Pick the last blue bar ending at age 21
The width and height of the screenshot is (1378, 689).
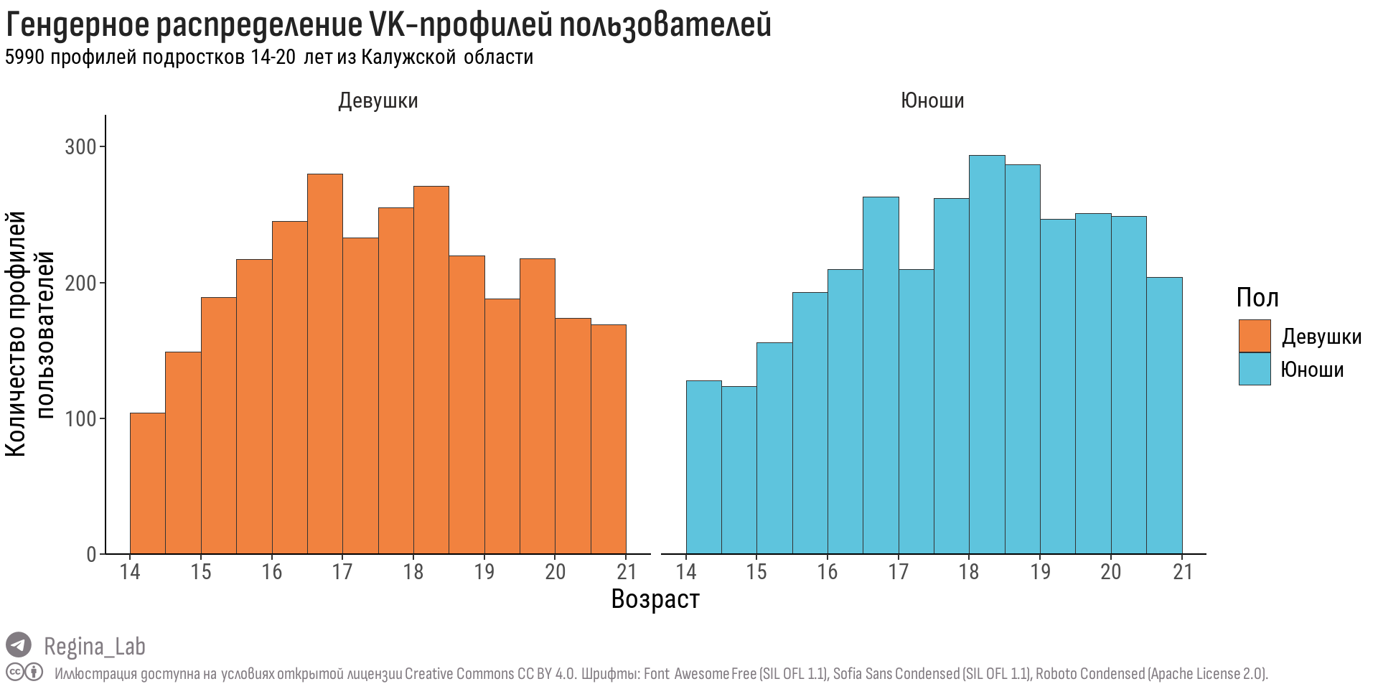pos(1164,416)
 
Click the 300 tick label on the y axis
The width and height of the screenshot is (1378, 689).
pos(80,147)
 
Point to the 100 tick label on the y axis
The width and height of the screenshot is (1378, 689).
pos(80,419)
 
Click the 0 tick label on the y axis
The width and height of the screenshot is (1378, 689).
pos(91,554)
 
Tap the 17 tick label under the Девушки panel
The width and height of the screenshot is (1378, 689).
pos(342,572)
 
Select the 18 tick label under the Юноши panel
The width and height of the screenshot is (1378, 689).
pos(969,572)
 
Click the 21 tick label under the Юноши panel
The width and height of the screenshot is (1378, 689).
pos(1182,572)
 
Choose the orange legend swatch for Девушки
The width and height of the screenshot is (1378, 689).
pos(1255,336)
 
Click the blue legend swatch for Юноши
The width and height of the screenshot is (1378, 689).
pos(1255,369)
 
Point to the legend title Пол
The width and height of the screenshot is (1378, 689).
pos(1257,297)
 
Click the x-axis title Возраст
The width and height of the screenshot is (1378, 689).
pos(655,599)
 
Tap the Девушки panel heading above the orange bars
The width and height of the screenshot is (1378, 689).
pos(378,100)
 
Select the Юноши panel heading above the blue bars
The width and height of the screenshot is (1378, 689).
pos(932,100)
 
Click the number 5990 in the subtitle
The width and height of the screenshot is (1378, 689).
pos(25,57)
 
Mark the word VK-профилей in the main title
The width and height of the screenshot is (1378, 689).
pos(460,25)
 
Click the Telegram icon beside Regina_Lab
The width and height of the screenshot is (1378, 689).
pos(19,645)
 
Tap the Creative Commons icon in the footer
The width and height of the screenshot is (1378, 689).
pos(15,672)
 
